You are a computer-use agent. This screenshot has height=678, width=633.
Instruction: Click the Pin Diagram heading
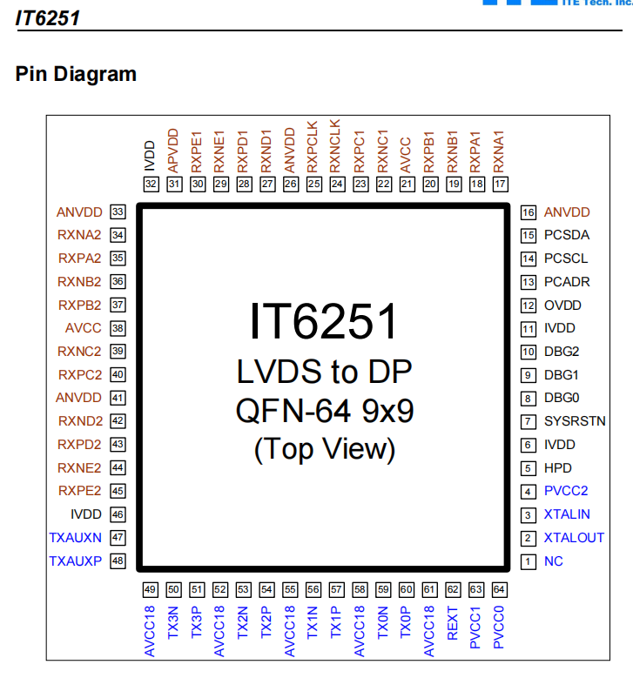(76, 74)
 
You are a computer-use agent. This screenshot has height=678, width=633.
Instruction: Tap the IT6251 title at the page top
(48, 17)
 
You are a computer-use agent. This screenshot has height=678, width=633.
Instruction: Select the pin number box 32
(152, 184)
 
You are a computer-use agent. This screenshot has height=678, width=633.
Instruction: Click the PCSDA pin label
(567, 235)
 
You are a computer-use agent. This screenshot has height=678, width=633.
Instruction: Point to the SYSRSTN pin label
(575, 421)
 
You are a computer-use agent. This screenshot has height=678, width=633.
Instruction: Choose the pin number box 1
(528, 561)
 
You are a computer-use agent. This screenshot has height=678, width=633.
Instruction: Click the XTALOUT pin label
(574, 538)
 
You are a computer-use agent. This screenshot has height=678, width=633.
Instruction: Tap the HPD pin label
(558, 468)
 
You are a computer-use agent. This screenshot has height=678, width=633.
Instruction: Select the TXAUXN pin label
(76, 538)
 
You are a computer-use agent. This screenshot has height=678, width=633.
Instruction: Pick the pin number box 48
(118, 561)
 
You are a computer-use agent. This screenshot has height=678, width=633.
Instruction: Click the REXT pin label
(453, 623)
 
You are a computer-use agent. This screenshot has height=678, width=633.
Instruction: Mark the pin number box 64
(499, 589)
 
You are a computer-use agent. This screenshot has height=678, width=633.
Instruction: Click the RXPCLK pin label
(314, 143)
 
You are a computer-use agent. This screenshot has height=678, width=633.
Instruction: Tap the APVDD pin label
(174, 148)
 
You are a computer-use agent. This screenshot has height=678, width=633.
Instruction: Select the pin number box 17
(500, 184)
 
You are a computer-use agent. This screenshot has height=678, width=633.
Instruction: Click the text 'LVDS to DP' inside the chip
(324, 372)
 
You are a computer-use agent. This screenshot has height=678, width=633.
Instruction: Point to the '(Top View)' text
(324, 449)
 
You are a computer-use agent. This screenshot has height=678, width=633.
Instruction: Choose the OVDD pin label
(562, 305)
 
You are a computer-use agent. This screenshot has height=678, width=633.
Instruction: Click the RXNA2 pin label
(80, 235)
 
